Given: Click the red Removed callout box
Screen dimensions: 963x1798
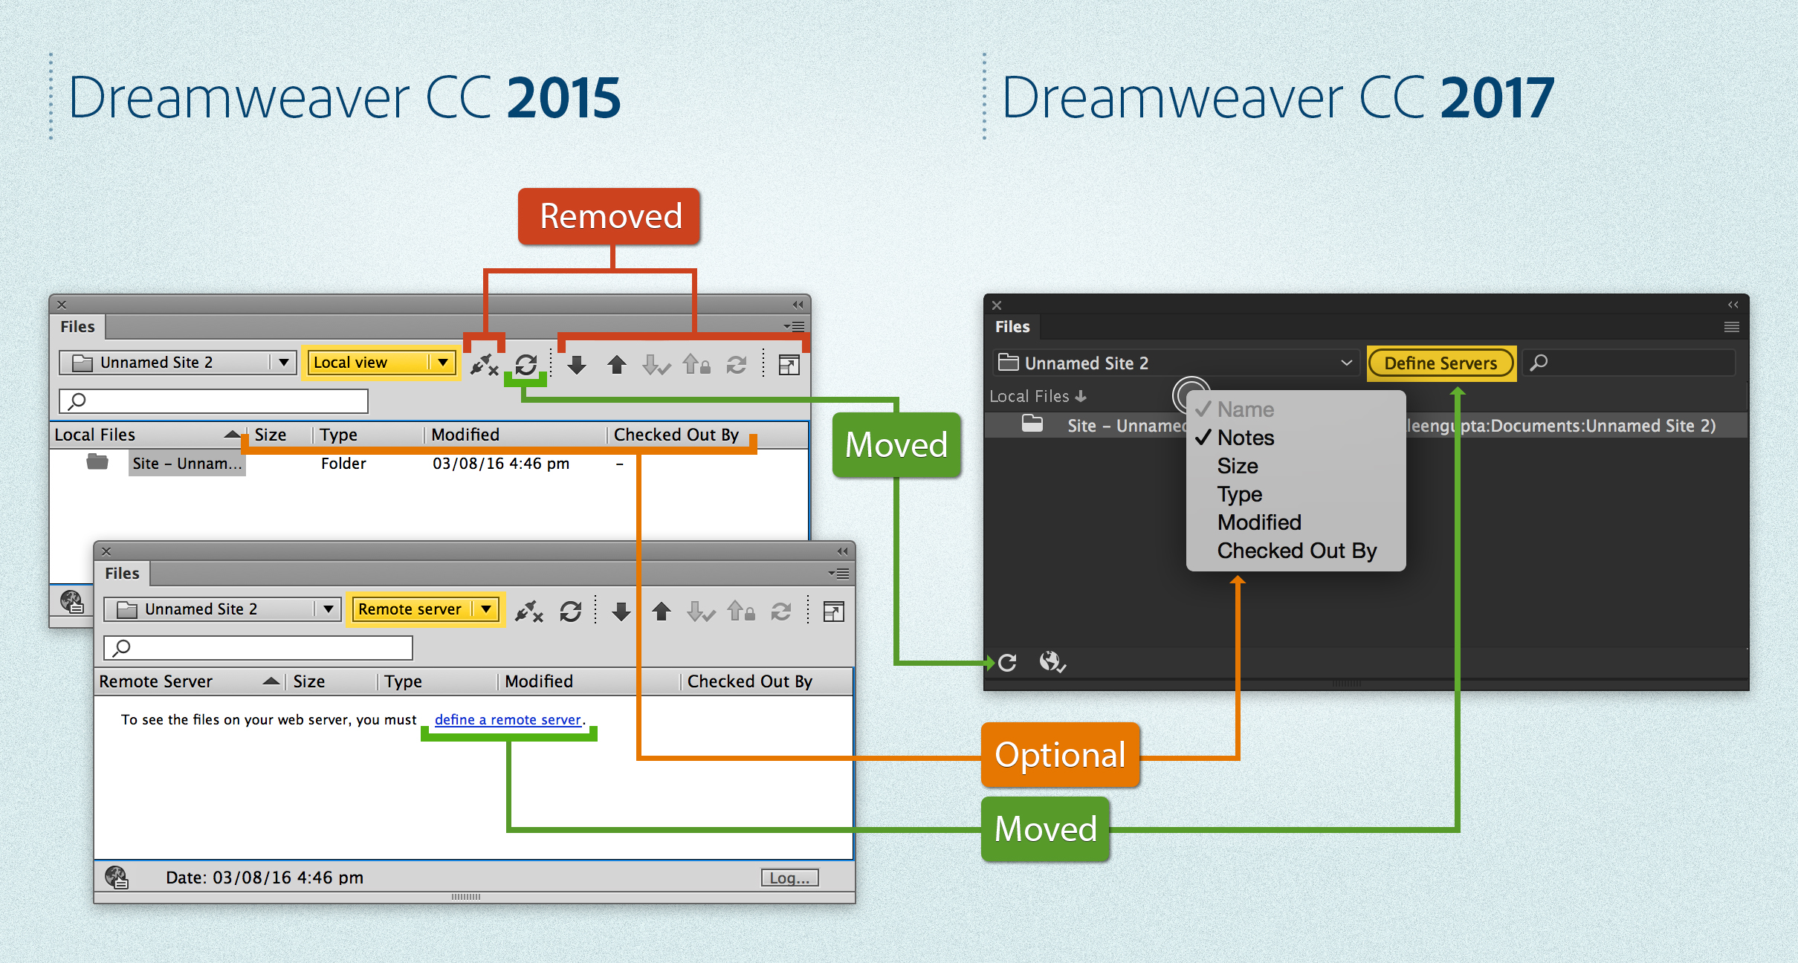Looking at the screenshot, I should coord(609,216).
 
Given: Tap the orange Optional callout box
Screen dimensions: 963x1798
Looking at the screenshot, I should coord(1060,755).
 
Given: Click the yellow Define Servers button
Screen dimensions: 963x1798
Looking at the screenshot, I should coord(1440,363).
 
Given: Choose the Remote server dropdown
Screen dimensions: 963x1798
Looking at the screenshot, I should coord(424,609).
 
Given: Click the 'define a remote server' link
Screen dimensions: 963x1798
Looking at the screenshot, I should coord(508,719).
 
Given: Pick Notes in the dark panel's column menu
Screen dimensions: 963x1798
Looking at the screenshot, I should coord(1245,438).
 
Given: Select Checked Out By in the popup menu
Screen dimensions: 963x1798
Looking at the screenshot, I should coord(1296,551).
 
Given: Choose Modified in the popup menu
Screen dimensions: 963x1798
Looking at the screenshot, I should coord(1259,522).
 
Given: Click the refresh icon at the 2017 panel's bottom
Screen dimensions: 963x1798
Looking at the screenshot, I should coord(1007,662).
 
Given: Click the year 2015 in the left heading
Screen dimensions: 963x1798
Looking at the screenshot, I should coord(563,98).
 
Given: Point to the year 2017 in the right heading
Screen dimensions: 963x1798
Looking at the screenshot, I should coord(1497,98).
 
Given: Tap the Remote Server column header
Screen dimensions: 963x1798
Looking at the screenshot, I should coord(156,681).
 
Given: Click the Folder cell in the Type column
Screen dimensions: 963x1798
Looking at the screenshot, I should coord(343,464).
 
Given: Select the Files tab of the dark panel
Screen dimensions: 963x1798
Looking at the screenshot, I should coord(1012,327).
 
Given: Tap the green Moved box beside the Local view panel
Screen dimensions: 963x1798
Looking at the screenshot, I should coord(896,445).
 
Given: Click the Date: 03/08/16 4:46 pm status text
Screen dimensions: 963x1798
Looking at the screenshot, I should coord(265,878).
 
